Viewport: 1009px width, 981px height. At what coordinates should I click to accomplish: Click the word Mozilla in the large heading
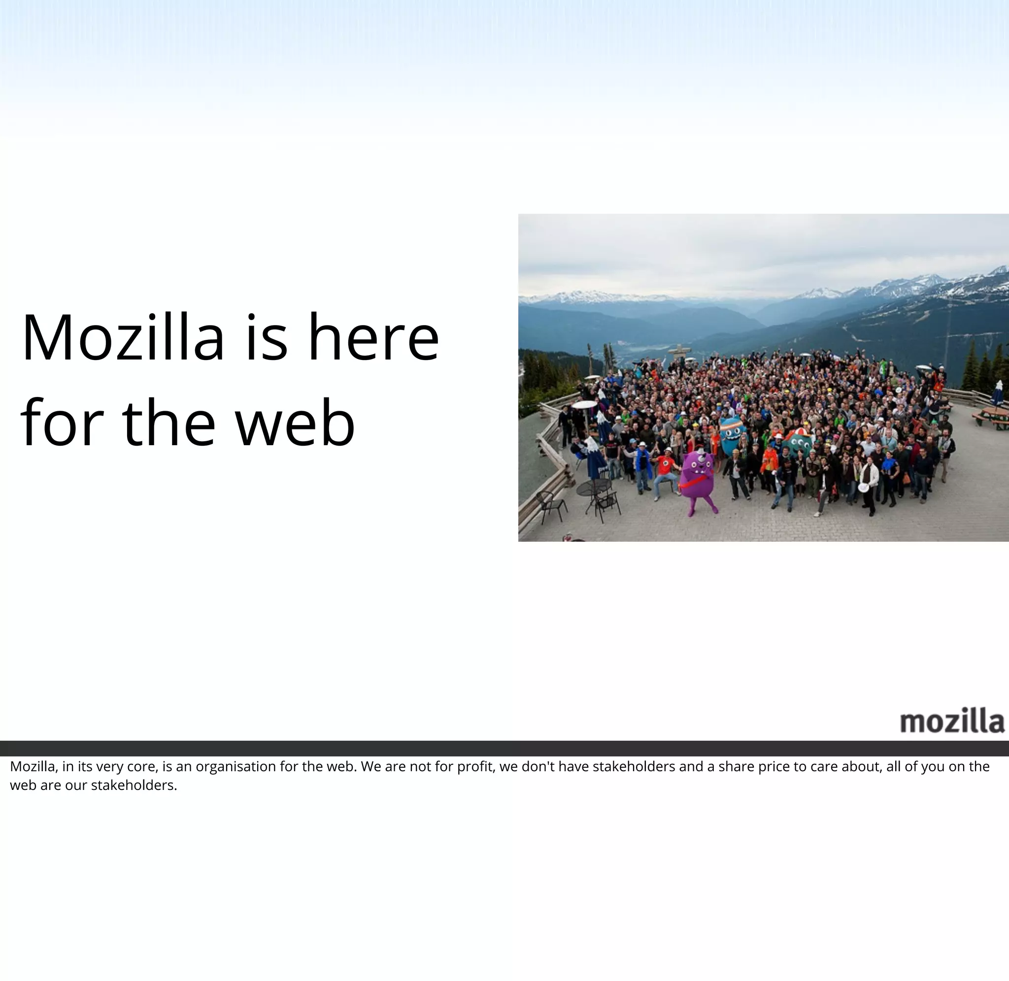pos(123,338)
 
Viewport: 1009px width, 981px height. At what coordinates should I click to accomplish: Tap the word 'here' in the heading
pos(373,338)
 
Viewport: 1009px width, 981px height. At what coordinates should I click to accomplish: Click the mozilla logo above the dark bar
pos(952,721)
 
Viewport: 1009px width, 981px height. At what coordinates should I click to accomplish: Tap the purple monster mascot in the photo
pos(697,479)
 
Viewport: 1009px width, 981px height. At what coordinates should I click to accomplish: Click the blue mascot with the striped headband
pos(732,435)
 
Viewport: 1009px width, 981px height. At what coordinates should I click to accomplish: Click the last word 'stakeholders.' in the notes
pos(134,785)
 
